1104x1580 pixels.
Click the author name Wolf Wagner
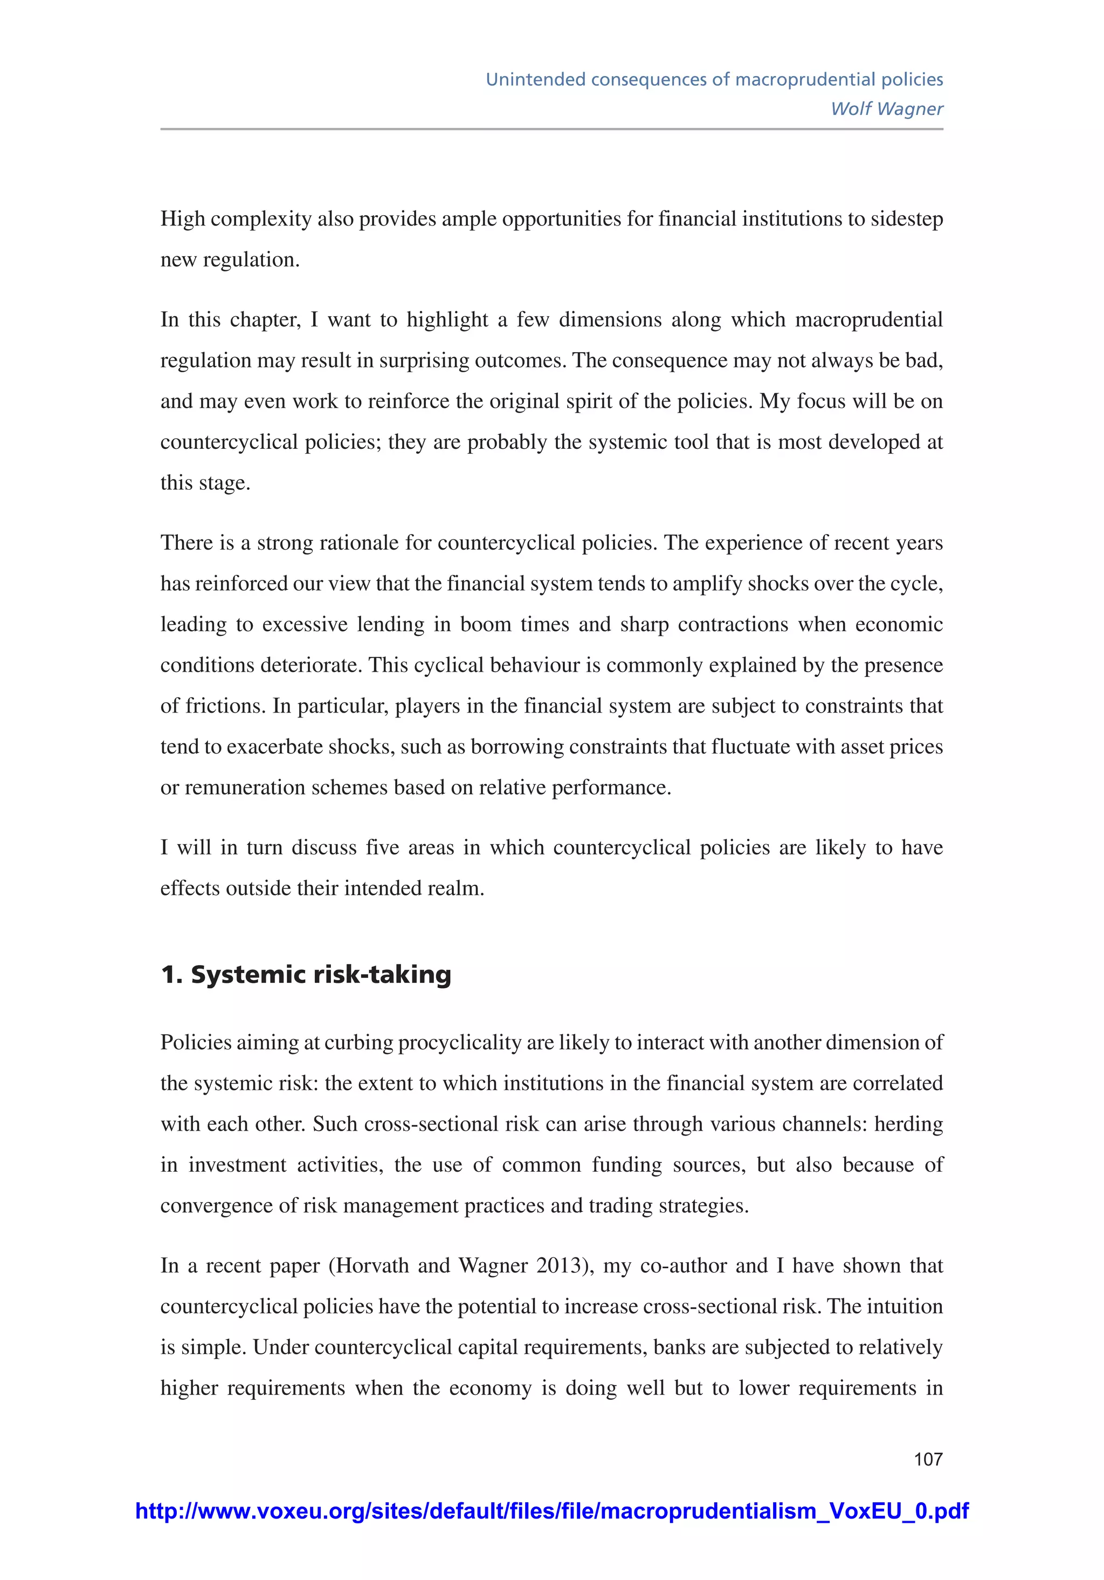point(886,109)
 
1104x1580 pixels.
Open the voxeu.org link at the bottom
point(551,1511)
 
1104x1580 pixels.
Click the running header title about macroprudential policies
point(714,79)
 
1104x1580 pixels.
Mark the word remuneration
point(245,787)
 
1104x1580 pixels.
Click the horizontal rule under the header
point(551,129)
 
